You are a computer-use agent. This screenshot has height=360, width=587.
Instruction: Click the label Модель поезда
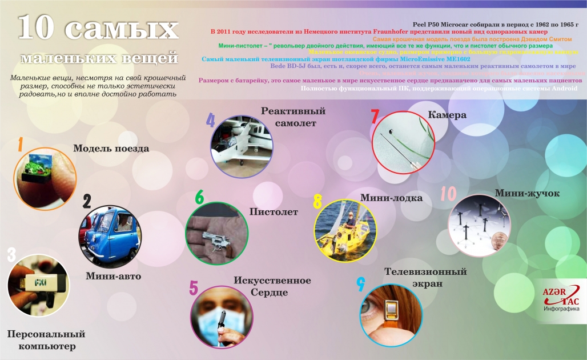click(111, 149)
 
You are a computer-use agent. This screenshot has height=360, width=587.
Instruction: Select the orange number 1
click(20, 145)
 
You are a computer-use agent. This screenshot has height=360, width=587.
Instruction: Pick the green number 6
click(199, 197)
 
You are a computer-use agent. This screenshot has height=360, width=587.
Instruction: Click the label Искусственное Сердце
click(272, 286)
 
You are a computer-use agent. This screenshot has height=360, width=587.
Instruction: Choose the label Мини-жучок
click(527, 193)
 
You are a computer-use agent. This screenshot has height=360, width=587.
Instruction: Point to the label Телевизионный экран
click(425, 277)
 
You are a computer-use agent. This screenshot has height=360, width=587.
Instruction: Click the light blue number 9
click(360, 283)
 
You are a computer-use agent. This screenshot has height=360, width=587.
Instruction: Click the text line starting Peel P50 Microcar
click(495, 25)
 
